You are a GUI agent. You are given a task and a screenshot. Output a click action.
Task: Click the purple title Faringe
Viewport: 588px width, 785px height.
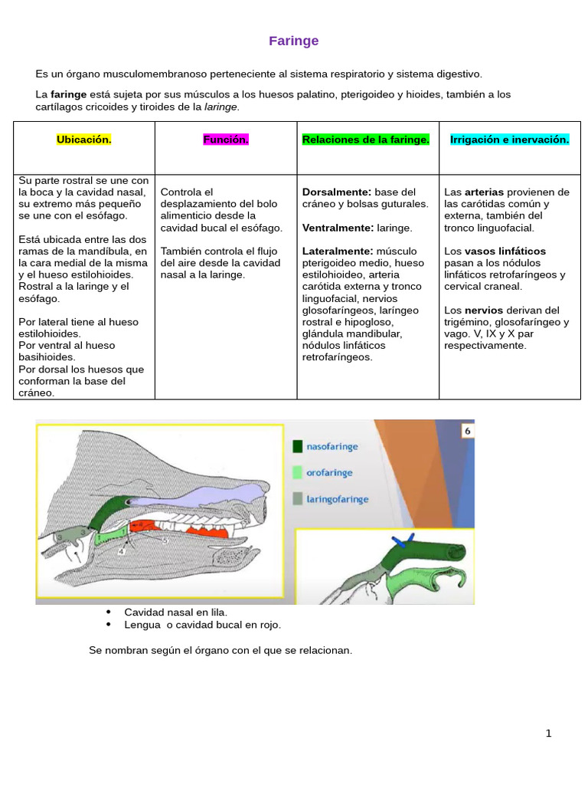pos(293,41)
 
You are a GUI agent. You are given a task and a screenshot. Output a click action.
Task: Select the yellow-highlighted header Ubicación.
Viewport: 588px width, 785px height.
pos(84,140)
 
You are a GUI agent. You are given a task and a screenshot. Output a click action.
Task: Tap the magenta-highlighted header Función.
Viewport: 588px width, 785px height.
pos(226,140)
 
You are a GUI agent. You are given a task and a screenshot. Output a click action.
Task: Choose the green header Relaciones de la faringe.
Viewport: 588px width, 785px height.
pos(366,140)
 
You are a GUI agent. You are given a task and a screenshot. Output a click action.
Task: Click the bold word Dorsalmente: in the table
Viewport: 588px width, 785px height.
pos(337,192)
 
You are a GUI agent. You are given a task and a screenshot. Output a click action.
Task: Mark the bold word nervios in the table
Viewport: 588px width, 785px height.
pos(484,310)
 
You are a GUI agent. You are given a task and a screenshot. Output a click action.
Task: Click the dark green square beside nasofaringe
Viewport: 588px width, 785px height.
pos(297,446)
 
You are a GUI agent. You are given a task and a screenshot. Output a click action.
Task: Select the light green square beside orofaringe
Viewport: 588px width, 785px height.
pos(297,473)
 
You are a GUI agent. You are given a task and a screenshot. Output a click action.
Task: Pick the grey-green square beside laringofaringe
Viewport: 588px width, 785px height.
pos(297,499)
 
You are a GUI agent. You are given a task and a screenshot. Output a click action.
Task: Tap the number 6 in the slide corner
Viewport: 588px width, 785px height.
pos(465,432)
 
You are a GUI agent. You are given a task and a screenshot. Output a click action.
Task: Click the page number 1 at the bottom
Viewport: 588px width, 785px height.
pos(548,734)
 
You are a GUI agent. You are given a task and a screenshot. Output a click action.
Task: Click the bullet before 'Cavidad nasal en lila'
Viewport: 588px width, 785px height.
pos(109,613)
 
